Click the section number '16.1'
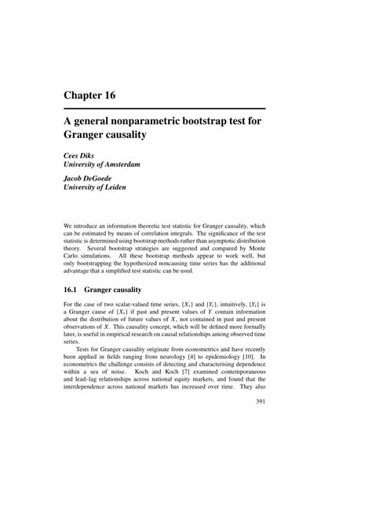click(x=74, y=290)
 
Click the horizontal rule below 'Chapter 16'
click(x=166, y=108)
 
